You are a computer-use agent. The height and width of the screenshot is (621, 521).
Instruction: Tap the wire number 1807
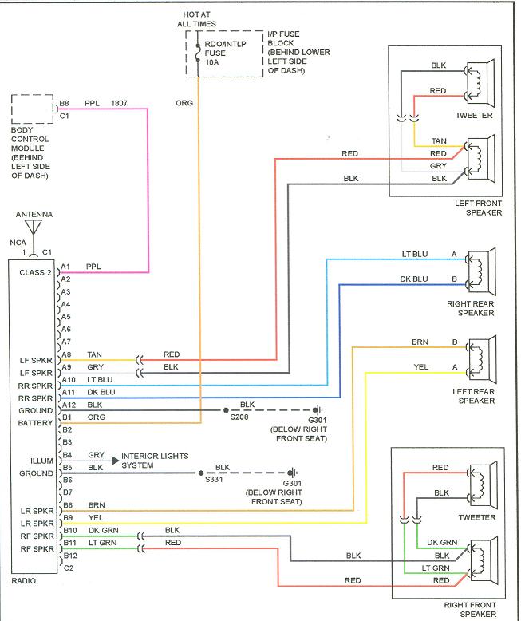click(119, 103)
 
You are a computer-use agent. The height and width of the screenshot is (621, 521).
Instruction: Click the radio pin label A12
click(67, 405)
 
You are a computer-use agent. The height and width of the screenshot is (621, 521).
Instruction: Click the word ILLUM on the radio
click(42, 461)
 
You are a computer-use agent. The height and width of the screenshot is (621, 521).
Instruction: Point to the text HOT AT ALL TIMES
click(197, 19)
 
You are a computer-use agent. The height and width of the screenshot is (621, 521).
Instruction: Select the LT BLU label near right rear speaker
click(415, 255)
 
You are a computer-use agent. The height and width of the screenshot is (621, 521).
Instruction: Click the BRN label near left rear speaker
click(420, 342)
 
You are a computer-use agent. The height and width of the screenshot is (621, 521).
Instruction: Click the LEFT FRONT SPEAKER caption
click(478, 208)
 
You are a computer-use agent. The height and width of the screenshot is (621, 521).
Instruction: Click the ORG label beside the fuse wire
click(184, 103)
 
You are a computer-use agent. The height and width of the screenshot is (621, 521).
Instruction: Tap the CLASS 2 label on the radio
click(35, 273)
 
